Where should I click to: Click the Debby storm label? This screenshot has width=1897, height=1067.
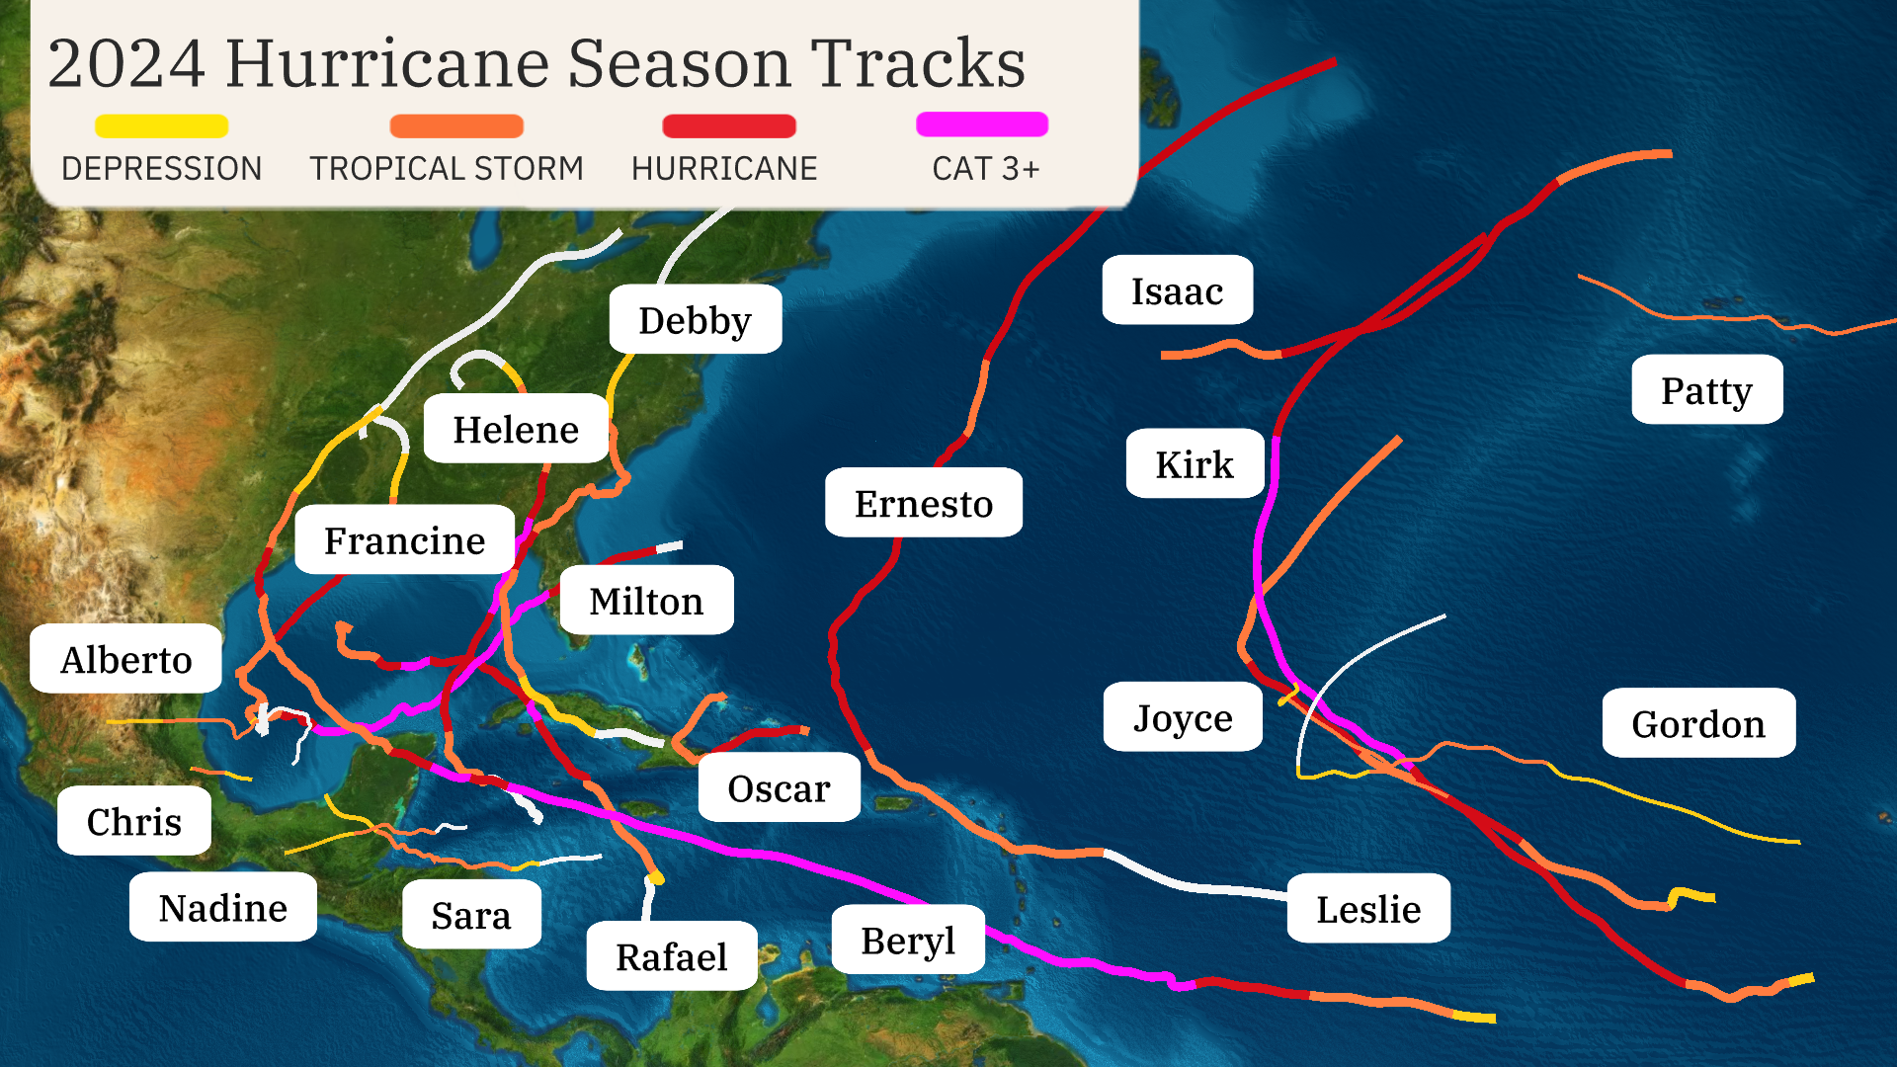coord(695,320)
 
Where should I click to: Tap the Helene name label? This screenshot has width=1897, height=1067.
coord(515,429)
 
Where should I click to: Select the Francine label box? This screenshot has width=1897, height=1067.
coord(404,539)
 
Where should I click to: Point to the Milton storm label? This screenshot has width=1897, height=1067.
coord(646,601)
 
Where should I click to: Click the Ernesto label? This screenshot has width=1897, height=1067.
coord(923,503)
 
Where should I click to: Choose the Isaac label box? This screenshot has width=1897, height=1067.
coord(1177,290)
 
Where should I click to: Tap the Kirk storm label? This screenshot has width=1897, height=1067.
coord(1195,463)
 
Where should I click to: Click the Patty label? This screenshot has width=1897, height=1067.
coord(1706,390)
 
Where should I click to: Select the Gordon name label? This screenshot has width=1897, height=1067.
coord(1697,723)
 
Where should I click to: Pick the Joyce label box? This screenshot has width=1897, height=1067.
coord(1183,717)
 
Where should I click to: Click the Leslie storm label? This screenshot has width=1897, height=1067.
coord(1367,908)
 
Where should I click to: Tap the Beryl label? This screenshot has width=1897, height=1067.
coord(907,940)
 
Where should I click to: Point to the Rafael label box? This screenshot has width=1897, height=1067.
coord(671,956)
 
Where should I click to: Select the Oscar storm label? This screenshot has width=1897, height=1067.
coord(779,787)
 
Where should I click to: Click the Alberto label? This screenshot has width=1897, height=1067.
coord(125,659)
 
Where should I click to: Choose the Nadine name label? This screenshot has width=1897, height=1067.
coord(222,907)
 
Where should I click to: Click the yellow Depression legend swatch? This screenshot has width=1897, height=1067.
coord(161,126)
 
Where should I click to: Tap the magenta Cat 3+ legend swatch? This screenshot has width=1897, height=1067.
coord(981,124)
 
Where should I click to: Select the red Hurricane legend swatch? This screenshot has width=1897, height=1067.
coord(728,126)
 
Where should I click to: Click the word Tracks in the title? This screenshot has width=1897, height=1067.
coord(918,63)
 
